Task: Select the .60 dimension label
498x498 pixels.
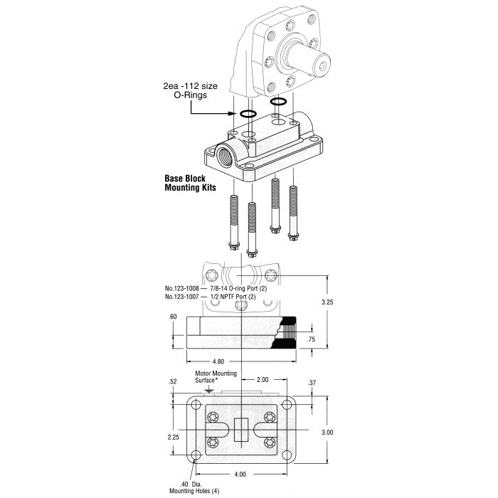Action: (x=173, y=317)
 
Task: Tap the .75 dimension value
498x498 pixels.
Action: (x=310, y=340)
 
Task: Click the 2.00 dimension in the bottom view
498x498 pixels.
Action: (x=263, y=380)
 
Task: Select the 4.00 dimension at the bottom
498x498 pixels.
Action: (x=240, y=474)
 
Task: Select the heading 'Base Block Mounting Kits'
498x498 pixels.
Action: (x=187, y=184)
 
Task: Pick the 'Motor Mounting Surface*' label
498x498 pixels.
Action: (x=206, y=376)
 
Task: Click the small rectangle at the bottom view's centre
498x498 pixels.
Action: (x=240, y=431)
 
